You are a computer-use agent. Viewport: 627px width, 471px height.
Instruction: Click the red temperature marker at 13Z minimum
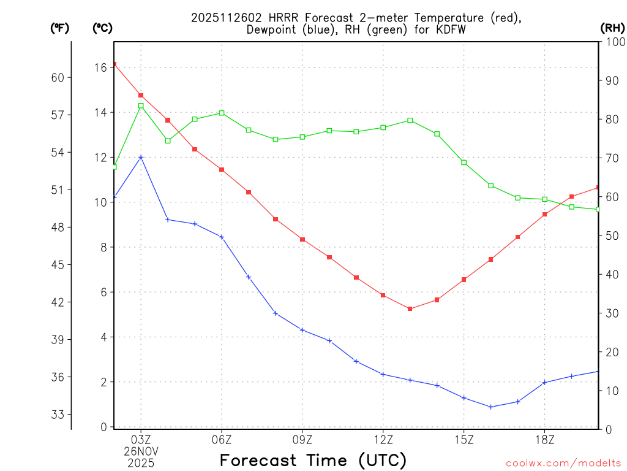pos(410,308)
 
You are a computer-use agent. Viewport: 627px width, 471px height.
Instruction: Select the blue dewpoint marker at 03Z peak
pos(141,157)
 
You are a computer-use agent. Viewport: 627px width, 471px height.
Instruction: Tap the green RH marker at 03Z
pos(141,105)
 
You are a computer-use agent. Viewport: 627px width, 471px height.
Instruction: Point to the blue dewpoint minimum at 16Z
pos(491,407)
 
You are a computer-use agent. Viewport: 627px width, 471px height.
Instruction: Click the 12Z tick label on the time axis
pos(383,439)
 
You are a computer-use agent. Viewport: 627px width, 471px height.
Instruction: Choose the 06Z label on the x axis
pos(222,439)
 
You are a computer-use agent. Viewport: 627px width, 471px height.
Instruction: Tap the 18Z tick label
pos(544,439)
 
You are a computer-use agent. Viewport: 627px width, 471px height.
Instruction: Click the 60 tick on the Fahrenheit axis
pos(59,77)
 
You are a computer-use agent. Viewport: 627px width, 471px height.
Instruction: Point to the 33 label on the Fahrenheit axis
pos(59,414)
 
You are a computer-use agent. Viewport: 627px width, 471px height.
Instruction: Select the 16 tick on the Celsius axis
pos(100,67)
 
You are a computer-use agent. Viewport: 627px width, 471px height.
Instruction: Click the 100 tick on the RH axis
pos(613,42)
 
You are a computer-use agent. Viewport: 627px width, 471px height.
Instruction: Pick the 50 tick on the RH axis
pos(610,235)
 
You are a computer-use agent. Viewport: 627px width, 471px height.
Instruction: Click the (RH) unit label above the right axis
pos(612,28)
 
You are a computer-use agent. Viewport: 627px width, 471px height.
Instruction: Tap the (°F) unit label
pos(59,28)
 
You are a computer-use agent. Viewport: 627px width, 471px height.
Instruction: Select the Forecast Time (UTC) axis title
pos(313,460)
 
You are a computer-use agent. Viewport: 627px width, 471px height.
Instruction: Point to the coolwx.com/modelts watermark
pos(563,463)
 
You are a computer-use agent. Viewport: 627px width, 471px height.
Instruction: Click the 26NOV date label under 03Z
pos(141,451)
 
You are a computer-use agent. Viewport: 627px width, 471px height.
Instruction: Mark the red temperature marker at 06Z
pos(222,169)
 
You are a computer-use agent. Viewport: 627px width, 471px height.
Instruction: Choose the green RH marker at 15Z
pos(464,163)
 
